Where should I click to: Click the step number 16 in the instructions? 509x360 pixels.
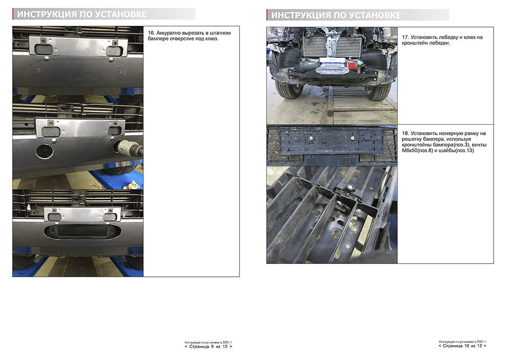(x=151, y=33)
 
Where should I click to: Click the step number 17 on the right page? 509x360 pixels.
(x=405, y=37)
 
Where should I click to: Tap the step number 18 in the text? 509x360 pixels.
(x=406, y=133)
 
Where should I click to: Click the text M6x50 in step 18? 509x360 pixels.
(x=410, y=151)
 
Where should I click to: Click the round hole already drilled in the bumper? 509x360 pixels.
(x=45, y=151)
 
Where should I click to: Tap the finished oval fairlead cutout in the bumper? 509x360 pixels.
(x=82, y=231)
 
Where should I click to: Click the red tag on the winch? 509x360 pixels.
(x=352, y=65)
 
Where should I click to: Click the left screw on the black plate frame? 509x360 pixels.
(x=311, y=138)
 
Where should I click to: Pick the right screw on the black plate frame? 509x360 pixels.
(x=352, y=138)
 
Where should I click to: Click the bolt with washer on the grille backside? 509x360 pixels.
(x=349, y=188)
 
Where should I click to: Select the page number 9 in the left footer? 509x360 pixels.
(x=212, y=347)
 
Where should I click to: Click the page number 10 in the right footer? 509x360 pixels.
(x=467, y=346)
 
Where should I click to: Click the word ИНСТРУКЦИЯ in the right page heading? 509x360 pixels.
(x=301, y=15)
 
